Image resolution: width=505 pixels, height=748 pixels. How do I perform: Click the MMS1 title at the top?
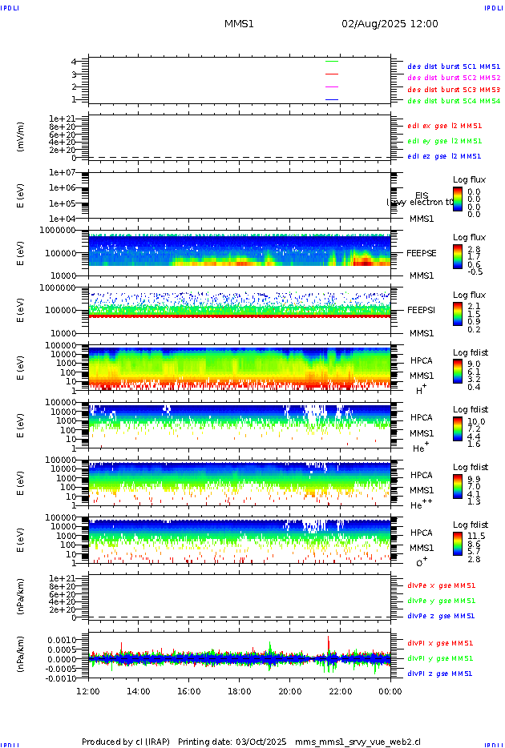coord(239,24)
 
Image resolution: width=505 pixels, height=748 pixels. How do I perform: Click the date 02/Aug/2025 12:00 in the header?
coord(390,24)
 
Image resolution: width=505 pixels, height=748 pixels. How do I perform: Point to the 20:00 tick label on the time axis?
coord(290,690)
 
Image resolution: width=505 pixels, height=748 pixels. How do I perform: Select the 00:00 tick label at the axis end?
coord(390,690)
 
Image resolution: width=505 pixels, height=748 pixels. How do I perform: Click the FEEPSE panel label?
coord(421,252)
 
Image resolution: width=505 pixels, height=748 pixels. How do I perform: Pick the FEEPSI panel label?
coord(421,310)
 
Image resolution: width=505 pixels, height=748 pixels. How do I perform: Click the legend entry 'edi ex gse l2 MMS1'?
coord(444,126)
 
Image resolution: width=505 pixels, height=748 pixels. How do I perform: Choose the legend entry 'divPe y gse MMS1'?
coord(441,601)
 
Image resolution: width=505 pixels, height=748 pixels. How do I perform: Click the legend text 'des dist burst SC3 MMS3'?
coord(454,90)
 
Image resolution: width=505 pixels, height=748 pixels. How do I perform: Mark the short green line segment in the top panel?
coord(332,61)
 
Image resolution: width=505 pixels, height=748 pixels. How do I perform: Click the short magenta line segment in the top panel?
coord(332,86)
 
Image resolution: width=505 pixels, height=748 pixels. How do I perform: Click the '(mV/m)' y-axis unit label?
coord(22,137)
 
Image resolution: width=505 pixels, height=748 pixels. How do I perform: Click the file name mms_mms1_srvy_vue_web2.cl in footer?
coord(358,742)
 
